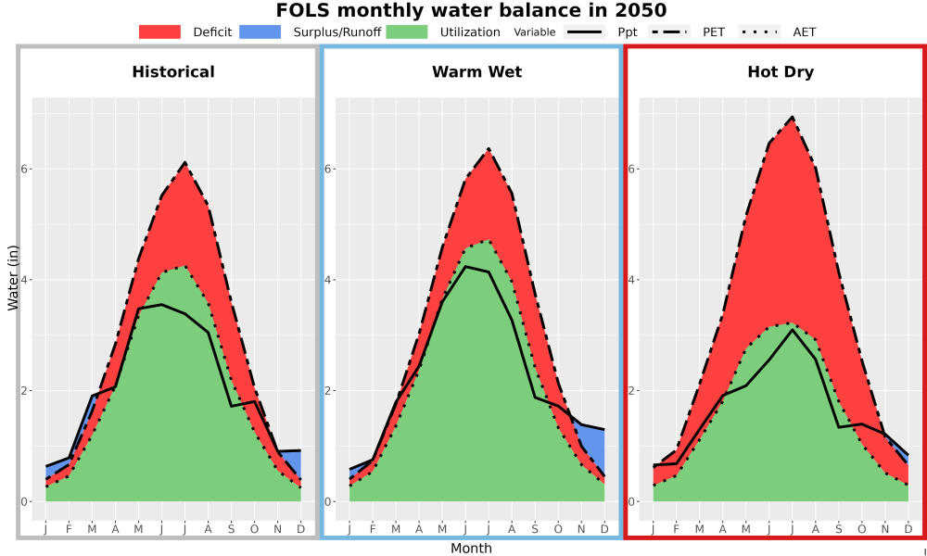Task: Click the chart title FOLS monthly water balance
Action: coord(471,10)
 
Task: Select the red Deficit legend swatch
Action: coord(159,32)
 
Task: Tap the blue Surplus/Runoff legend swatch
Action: coord(260,32)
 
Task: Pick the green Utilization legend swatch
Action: coord(407,32)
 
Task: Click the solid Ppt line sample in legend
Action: coord(584,32)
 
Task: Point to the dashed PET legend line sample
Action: coord(669,32)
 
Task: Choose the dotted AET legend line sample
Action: coord(760,32)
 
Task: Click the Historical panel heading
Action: coord(173,72)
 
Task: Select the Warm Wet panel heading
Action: coord(477,72)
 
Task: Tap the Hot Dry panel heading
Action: coord(781,72)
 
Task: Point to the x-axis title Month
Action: coord(471,549)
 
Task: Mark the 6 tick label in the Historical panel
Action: coord(25,169)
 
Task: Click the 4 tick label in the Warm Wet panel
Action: coord(329,280)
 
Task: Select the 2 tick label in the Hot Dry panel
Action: coord(630,390)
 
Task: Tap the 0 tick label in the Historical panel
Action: coord(25,501)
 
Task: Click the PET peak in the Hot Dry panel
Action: coord(793,117)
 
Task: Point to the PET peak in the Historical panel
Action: coord(185,162)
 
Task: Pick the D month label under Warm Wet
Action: coord(604,529)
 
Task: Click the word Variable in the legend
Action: coord(535,32)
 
